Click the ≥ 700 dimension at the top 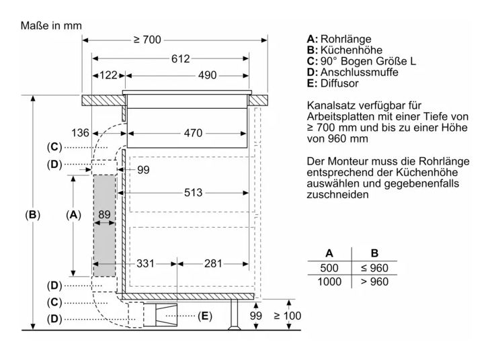click(x=147, y=40)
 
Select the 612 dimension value click(x=180, y=58)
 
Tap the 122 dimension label click(x=108, y=75)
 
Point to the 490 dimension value click(x=207, y=75)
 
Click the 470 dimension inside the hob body click(x=193, y=133)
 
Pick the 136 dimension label click(x=80, y=133)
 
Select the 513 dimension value click(x=193, y=193)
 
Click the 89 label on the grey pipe click(x=104, y=214)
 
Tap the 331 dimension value click(x=145, y=263)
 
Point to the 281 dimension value click(x=213, y=263)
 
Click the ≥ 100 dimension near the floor click(x=288, y=316)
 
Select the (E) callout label click(x=204, y=316)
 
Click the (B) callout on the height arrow click(x=33, y=215)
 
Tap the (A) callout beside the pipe click(x=73, y=215)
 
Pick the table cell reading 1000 click(x=329, y=281)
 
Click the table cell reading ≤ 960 click(x=374, y=268)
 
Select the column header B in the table click(x=374, y=253)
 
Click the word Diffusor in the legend click(x=339, y=83)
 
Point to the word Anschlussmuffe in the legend click(x=360, y=72)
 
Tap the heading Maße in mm click(x=51, y=26)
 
